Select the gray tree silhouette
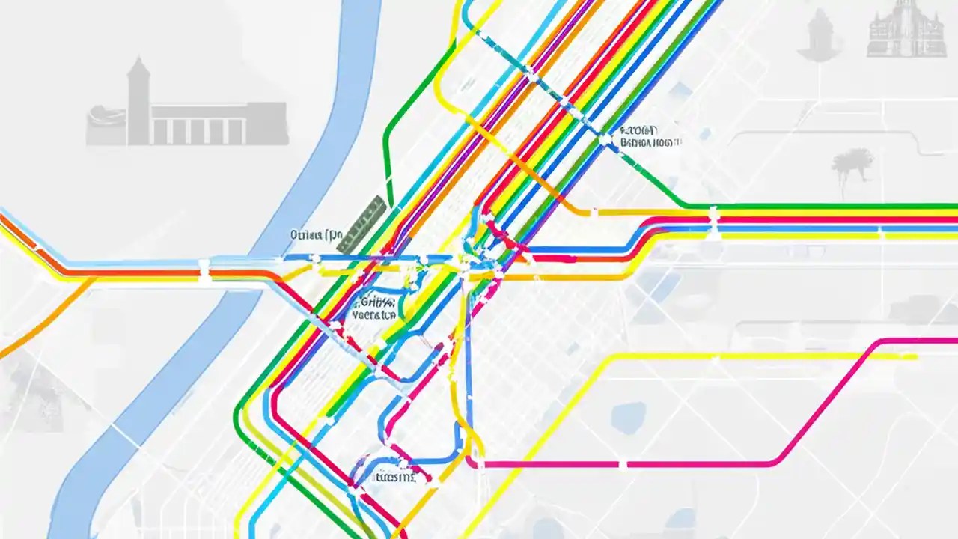click(852, 163)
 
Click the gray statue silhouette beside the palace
click(821, 34)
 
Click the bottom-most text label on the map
click(394, 476)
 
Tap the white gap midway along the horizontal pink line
click(622, 464)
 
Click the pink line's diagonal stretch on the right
click(831, 401)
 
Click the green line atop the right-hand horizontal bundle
click(823, 205)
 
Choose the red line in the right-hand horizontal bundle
click(823, 220)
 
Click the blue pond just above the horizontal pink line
click(628, 418)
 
